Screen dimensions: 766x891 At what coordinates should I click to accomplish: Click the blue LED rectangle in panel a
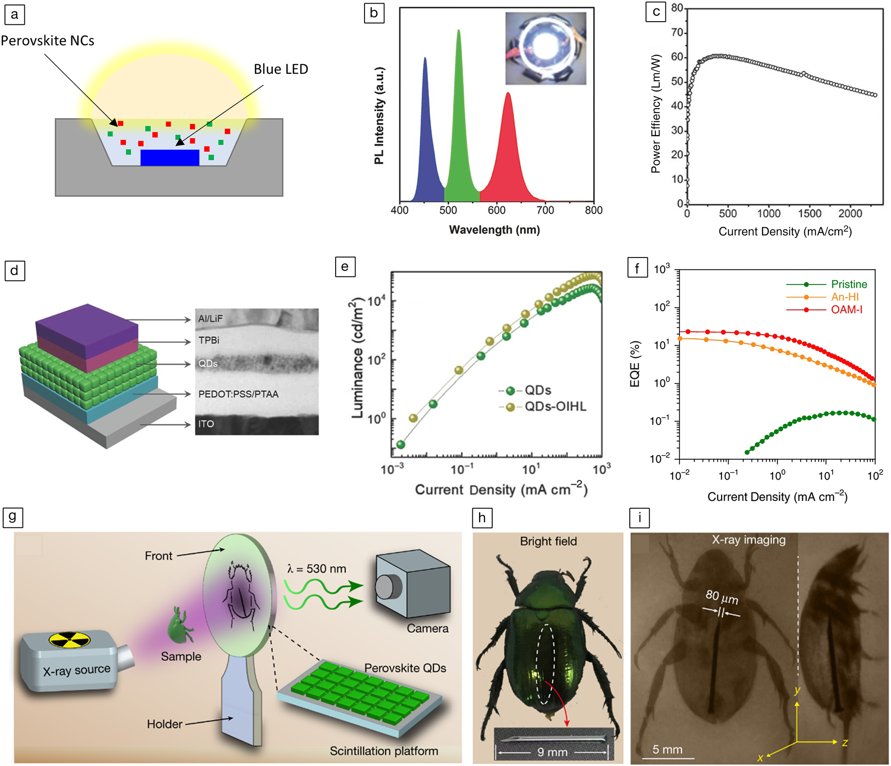[x=170, y=158]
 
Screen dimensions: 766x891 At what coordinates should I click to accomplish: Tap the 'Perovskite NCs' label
[x=47, y=41]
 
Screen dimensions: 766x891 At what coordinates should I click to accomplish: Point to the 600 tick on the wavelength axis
[x=496, y=210]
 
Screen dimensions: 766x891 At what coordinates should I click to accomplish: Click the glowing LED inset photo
[x=545, y=48]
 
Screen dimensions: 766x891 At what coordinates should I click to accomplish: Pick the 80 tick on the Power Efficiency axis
[x=677, y=8]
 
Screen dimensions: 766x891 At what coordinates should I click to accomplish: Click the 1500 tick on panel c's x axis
[x=810, y=213]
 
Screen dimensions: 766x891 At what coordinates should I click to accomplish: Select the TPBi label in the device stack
[x=209, y=340]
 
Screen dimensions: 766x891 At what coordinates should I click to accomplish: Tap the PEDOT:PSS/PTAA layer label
[x=238, y=394]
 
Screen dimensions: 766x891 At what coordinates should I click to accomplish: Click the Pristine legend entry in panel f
[x=849, y=284]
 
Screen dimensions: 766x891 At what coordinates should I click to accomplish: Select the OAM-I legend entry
[x=846, y=310]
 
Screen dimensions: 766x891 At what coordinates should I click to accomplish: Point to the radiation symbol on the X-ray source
[x=69, y=639]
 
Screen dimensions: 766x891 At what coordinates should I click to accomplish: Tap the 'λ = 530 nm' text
[x=316, y=569]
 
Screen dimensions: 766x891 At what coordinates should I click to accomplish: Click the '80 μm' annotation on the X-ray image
[x=722, y=597]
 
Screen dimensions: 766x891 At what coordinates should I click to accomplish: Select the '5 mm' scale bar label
[x=667, y=749]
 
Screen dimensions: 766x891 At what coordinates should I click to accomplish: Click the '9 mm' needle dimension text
[x=552, y=752]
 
